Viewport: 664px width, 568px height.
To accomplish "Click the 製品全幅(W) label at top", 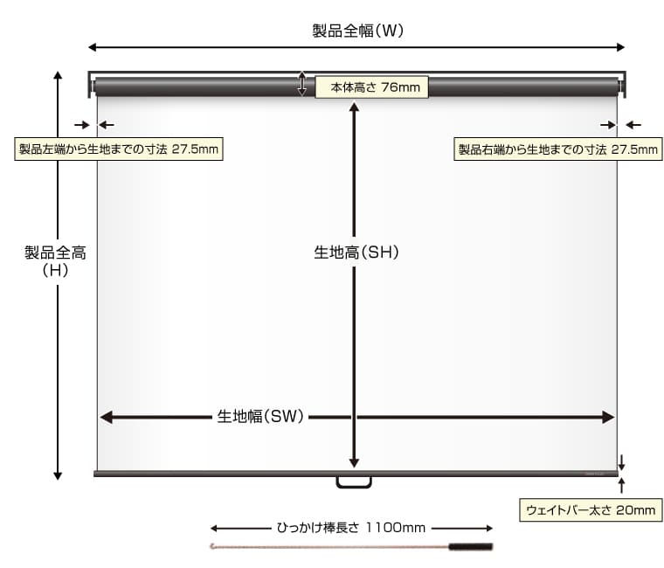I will [x=356, y=31].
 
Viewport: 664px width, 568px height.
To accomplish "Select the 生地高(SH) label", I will [x=356, y=253].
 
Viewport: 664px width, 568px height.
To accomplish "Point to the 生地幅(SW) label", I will [x=260, y=417].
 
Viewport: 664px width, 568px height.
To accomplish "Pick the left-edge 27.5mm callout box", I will [x=118, y=149].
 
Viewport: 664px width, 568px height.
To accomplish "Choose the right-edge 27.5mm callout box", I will [x=557, y=149].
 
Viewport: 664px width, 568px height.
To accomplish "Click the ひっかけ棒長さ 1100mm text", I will [x=351, y=528].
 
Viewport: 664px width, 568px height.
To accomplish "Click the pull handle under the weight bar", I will [x=354, y=481].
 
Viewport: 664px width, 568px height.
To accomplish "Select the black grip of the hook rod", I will [x=471, y=548].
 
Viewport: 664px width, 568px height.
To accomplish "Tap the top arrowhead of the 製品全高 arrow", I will [x=58, y=75].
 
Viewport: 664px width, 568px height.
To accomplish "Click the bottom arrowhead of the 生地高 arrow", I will [x=354, y=462].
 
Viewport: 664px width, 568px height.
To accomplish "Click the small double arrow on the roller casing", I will [x=302, y=84].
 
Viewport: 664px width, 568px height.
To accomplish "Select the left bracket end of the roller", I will [x=92, y=86].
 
